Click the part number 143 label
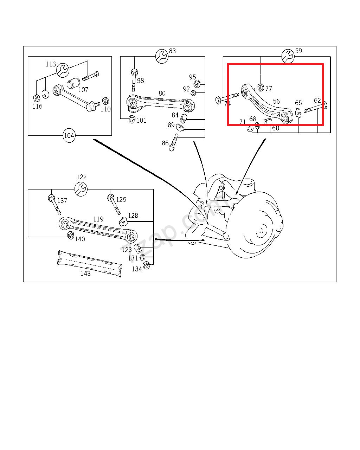pyautogui.click(x=85, y=273)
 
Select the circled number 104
pyautogui.click(x=69, y=135)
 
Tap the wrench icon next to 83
pyautogui.click(x=162, y=56)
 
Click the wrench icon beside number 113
pyautogui.click(x=63, y=70)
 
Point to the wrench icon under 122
pyautogui.click(x=82, y=189)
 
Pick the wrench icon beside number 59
pyautogui.click(x=288, y=56)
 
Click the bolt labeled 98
pyautogui.click(x=134, y=80)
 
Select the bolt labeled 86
pyautogui.click(x=174, y=142)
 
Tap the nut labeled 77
pyautogui.click(x=261, y=87)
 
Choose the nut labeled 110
pyautogui.click(x=104, y=101)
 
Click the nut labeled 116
pyautogui.click(x=36, y=98)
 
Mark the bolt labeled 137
pyautogui.click(x=54, y=205)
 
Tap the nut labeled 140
pyautogui.click(x=70, y=235)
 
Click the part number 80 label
pyautogui.click(x=162, y=94)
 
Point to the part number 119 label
pyautogui.click(x=98, y=219)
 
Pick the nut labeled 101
pyautogui.click(x=132, y=119)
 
